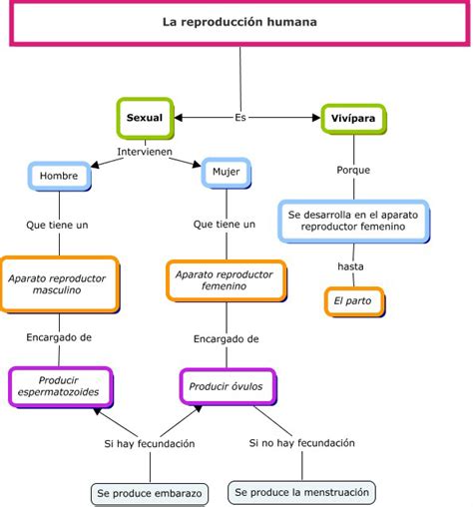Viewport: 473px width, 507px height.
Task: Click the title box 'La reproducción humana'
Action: click(239, 23)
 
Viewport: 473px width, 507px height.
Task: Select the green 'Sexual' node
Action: click(145, 118)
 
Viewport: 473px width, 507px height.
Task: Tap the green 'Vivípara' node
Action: click(353, 119)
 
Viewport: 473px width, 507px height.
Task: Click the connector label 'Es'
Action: click(240, 118)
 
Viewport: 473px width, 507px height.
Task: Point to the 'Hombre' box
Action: click(59, 176)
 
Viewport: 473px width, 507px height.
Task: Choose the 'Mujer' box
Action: click(227, 173)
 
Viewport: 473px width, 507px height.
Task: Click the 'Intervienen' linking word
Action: click(145, 152)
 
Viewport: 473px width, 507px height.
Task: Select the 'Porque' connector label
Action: click(353, 170)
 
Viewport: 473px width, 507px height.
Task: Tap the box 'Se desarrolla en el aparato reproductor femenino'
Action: click(353, 221)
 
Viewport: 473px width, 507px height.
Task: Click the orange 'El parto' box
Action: click(354, 301)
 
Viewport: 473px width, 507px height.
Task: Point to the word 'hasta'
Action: click(350, 266)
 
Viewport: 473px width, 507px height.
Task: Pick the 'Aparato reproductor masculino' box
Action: click(60, 284)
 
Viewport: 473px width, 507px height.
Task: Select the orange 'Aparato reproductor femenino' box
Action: click(226, 280)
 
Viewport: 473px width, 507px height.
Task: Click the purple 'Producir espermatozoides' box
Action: click(60, 387)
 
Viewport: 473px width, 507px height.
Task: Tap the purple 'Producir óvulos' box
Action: click(228, 386)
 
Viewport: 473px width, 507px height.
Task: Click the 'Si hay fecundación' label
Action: click(150, 444)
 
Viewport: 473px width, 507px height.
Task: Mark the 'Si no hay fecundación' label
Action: click(302, 443)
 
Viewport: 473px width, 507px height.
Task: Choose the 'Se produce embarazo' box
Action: click(150, 494)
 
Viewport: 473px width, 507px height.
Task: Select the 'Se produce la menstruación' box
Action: click(301, 492)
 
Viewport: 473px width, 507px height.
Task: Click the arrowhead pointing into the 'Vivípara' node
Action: click(316, 118)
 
